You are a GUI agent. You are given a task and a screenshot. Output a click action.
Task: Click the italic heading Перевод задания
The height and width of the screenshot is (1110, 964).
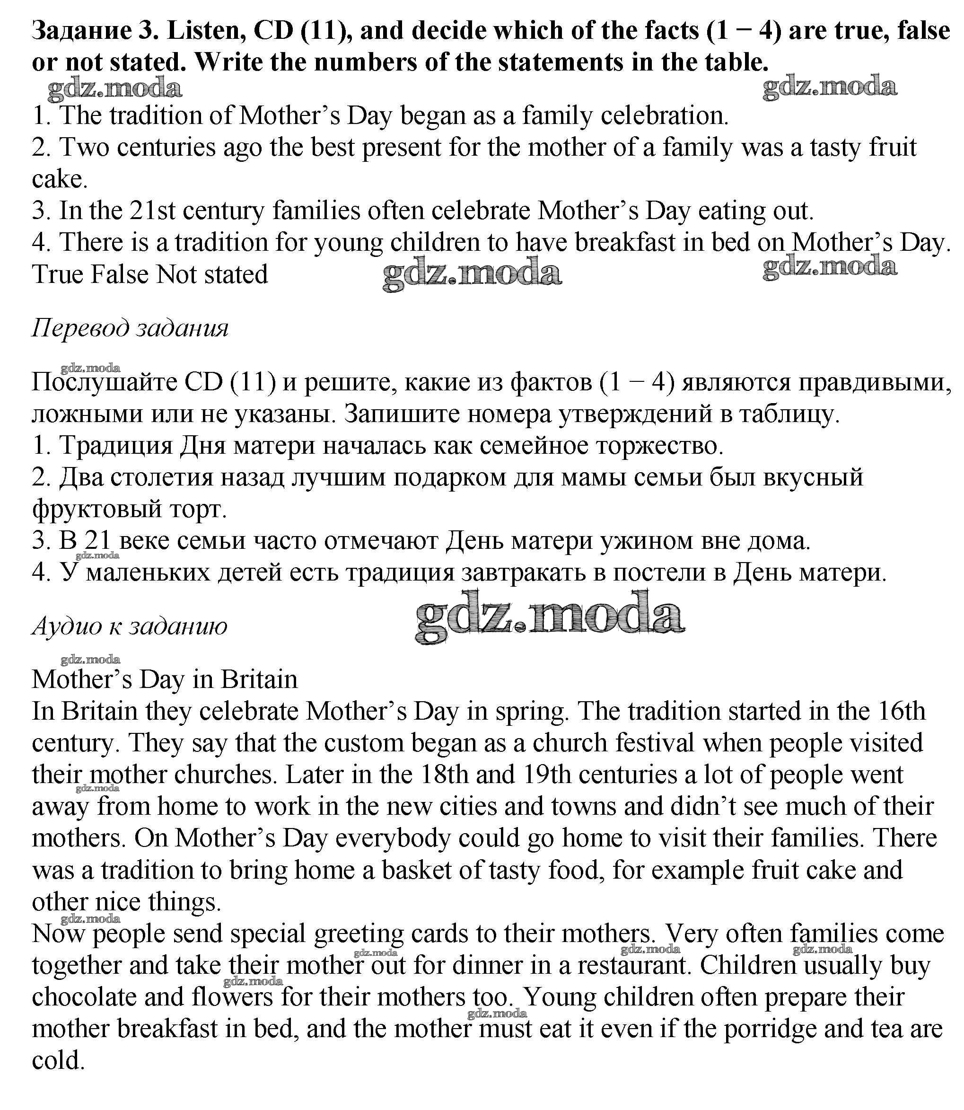(130, 328)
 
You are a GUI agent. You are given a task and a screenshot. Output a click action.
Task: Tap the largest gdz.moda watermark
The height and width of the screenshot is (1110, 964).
(550, 617)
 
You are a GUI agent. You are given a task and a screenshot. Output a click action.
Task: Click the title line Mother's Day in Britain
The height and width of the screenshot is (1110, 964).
(165, 679)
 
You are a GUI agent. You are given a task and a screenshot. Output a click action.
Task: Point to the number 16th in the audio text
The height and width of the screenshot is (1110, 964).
(901, 711)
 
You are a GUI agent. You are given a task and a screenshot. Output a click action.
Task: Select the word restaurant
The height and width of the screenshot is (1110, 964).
(635, 965)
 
